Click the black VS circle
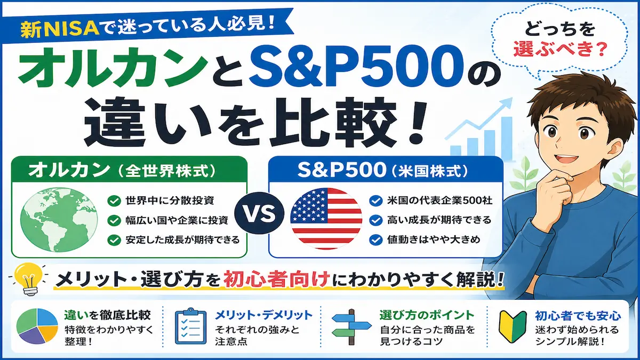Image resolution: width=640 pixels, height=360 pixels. click(259, 213)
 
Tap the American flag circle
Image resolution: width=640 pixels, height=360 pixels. click(326, 218)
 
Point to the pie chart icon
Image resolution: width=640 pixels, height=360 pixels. click(37, 326)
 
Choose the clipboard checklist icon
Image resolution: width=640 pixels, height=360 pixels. click(190, 326)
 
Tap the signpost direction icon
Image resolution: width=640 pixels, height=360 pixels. click(351, 326)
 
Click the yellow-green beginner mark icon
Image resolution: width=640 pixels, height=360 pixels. click(513, 326)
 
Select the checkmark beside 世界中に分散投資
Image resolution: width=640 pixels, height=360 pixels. click(114, 201)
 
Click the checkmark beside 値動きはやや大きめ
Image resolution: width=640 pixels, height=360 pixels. click(375, 239)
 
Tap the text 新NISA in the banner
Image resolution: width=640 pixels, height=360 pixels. click(60, 30)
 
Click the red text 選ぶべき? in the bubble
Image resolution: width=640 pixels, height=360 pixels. click(560, 49)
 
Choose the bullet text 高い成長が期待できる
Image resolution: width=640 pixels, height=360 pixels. click(439, 220)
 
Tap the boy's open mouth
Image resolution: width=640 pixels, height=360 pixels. click(560, 159)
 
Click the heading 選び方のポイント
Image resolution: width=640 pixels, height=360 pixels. click(427, 315)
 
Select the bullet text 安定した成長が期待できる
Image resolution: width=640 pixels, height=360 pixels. click(182, 239)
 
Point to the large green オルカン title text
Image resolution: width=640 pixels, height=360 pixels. click(114, 68)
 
